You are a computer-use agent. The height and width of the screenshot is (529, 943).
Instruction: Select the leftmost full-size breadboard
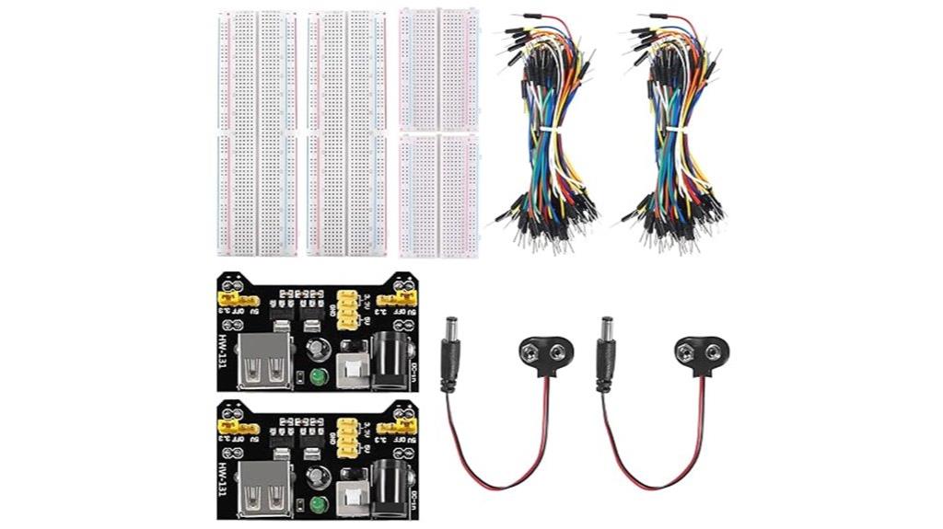pyautogui.click(x=253, y=132)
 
